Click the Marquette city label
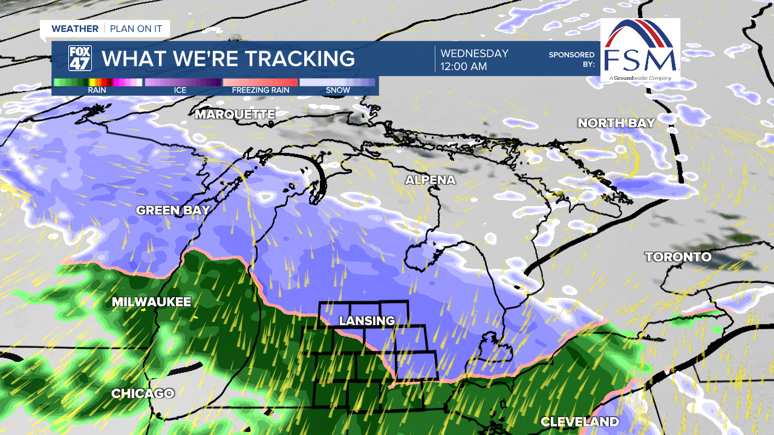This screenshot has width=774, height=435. point(235,114)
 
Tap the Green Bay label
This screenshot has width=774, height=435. point(173,210)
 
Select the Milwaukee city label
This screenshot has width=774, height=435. point(151,302)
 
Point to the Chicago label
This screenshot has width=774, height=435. point(143,394)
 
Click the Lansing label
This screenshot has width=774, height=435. point(366,321)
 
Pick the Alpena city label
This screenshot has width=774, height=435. point(430,180)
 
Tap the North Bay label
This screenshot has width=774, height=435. point(616,123)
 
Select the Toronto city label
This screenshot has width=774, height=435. point(678,257)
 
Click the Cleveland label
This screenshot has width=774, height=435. point(579,422)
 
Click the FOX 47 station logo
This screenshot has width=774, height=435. point(80,59)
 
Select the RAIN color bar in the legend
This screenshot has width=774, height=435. point(97,82)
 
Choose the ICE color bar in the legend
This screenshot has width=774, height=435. point(182,82)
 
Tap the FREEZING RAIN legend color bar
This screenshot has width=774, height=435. point(261,82)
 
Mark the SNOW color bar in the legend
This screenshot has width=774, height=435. point(337,82)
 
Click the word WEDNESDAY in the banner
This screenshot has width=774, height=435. point(474,53)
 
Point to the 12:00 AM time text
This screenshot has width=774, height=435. point(463,66)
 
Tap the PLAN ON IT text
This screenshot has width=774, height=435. point(137,28)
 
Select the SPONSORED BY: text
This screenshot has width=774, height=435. point(571,59)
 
